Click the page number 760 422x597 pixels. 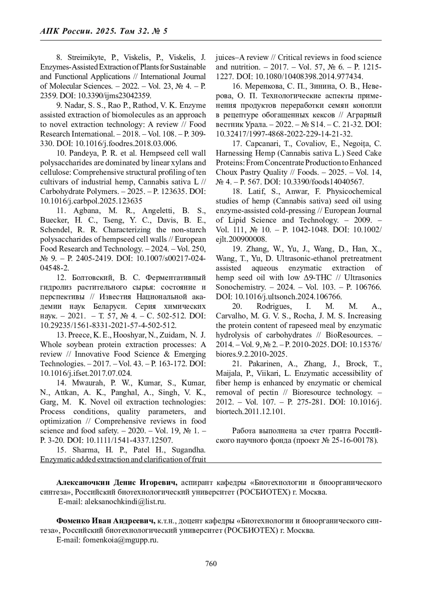211,564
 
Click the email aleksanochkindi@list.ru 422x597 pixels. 124,502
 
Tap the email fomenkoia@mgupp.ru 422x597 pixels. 121,540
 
